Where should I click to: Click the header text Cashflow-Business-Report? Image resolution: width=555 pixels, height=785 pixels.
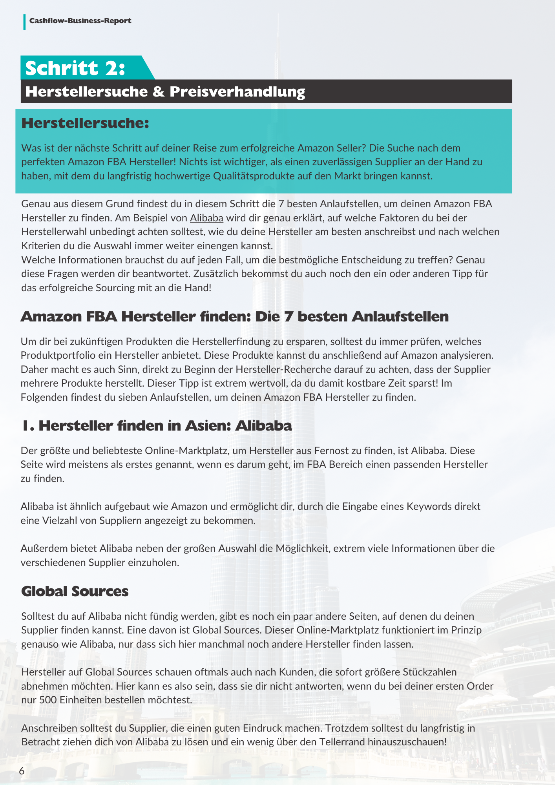pyautogui.click(x=80, y=21)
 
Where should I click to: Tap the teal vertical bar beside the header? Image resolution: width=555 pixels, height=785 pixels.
pyautogui.click(x=24, y=22)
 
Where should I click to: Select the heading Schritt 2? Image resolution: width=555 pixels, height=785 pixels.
pyautogui.click(x=75, y=68)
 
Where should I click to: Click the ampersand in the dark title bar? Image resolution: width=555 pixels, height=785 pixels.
pyautogui.click(x=159, y=92)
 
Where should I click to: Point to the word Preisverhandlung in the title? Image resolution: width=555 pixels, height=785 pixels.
pyautogui.click(x=237, y=92)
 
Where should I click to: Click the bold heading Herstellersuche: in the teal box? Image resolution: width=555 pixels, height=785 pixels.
pyautogui.click(x=85, y=123)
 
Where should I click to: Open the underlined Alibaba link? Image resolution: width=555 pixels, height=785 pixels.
pyautogui.click(x=206, y=218)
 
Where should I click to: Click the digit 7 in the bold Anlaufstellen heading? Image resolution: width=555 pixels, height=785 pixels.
pyautogui.click(x=289, y=317)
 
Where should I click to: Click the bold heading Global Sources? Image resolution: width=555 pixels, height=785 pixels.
pyautogui.click(x=75, y=591)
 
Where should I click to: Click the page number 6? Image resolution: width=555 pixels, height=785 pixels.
pyautogui.click(x=22, y=771)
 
